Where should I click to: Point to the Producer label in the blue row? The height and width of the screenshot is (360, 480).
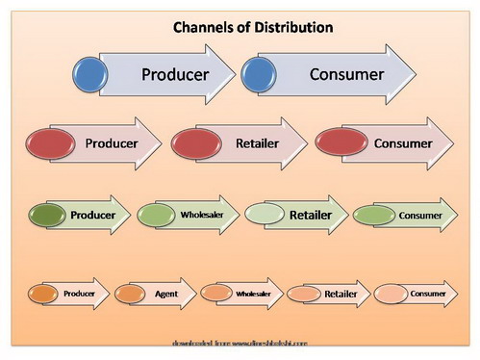point(175,74)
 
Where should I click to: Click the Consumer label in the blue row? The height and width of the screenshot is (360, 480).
point(346,74)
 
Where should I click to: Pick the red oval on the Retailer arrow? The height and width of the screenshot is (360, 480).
point(197,143)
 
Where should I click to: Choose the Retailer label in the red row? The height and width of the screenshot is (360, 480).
point(257,143)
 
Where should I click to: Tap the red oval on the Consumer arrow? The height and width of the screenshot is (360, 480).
point(343,143)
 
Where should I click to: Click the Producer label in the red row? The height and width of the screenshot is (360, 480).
point(111,143)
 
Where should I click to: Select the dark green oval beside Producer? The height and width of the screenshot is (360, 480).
point(51,215)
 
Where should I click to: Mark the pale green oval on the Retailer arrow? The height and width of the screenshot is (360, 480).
point(266,215)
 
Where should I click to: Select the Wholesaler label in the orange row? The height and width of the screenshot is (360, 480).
point(253,293)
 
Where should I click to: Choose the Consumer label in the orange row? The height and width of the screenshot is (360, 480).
point(427,293)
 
